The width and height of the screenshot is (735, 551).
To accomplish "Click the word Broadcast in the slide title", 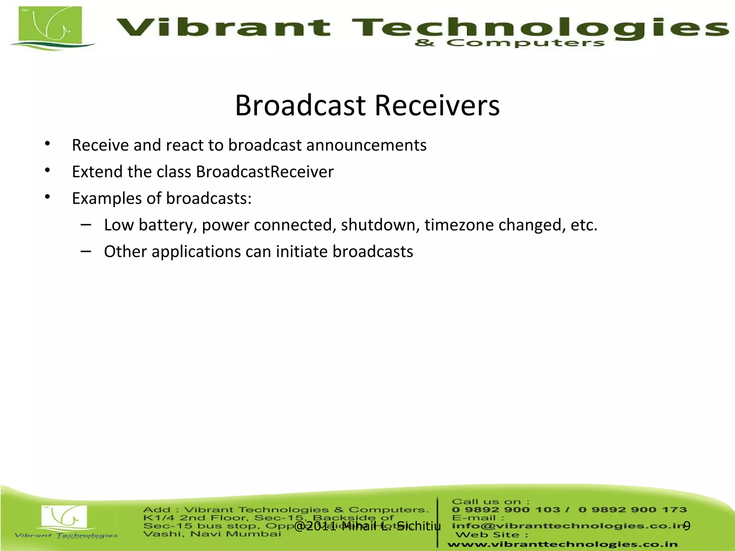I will coord(300,105).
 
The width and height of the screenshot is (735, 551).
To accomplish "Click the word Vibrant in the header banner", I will coord(223,28).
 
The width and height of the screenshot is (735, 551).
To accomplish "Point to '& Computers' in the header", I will coord(510,43).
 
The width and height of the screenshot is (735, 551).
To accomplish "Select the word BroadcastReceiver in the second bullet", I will coord(264,172).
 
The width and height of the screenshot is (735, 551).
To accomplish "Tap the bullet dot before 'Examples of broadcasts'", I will coord(47,197).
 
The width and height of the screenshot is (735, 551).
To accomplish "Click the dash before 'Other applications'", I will coord(86,251).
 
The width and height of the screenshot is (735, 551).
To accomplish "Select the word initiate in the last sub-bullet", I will coord(302,251).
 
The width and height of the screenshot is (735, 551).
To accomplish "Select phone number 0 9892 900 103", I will coord(506,510).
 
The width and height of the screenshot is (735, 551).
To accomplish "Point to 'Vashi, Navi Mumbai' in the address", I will coord(212,534).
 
